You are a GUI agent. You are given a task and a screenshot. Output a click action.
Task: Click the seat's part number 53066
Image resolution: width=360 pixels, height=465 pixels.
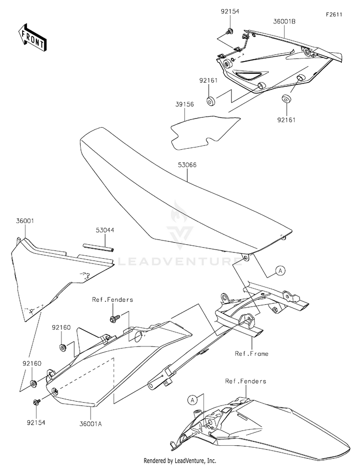point(187,165)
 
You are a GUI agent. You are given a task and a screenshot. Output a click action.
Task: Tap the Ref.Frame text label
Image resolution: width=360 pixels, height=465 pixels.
point(252,354)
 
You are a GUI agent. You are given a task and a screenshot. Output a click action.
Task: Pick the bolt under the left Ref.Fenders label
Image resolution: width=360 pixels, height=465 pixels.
point(114,318)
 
